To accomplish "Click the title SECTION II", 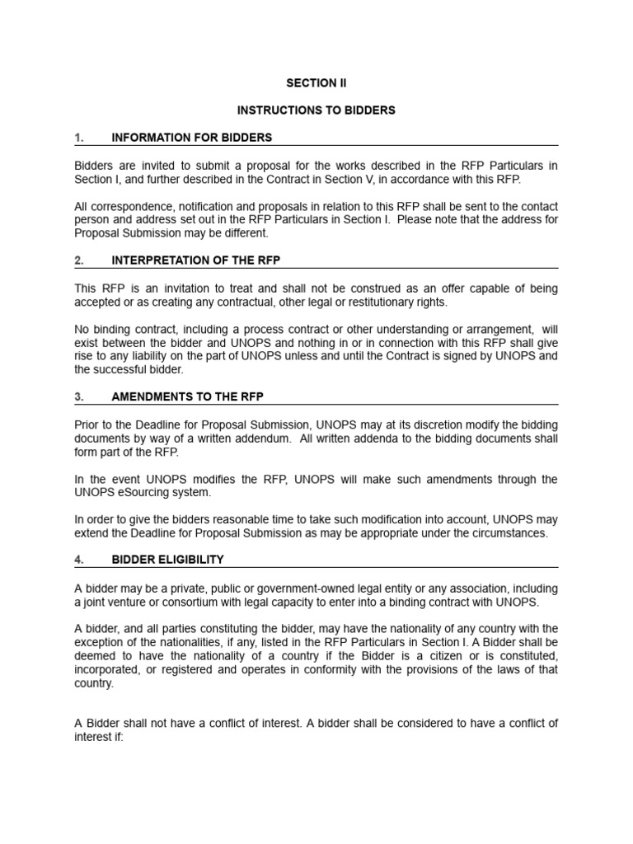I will tap(316, 83).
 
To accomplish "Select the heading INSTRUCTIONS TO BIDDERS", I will tap(316, 110).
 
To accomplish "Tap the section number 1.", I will tap(79, 138).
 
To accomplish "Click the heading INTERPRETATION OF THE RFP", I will tap(196, 260).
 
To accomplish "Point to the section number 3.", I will tap(79, 396).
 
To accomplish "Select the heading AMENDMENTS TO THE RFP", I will tap(187, 396).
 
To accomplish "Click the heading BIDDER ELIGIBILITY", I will tap(167, 560).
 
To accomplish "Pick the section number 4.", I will tap(79, 560).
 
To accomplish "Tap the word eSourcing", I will tap(148, 492).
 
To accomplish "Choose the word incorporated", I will tap(106, 669).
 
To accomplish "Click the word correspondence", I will tap(129, 206).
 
